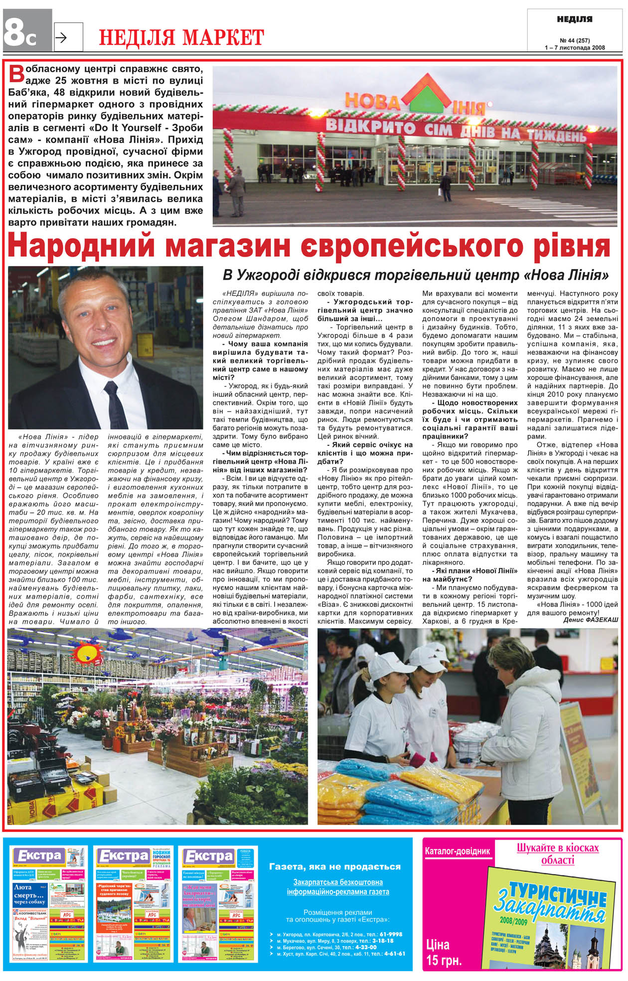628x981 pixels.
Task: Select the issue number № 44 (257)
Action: click(x=575, y=40)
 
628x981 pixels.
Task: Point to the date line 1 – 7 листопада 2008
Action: click(x=575, y=48)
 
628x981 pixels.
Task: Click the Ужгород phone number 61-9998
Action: click(x=391, y=934)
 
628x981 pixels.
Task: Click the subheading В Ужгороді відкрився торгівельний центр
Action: click(x=416, y=275)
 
